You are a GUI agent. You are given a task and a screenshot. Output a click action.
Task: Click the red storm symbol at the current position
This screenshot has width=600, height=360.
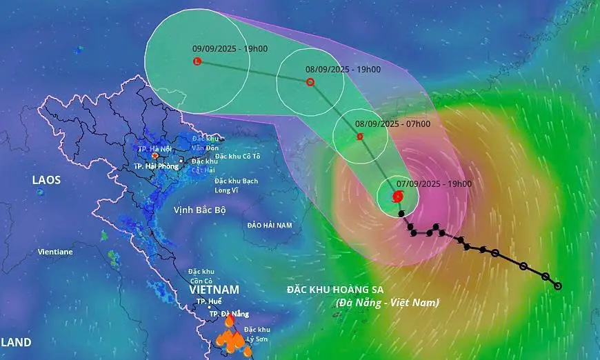tap(397, 197)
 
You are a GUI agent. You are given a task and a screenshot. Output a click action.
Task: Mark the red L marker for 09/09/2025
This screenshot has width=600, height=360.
tap(197, 61)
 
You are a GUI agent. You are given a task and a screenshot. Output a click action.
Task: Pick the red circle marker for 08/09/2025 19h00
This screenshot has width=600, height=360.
tap(310, 82)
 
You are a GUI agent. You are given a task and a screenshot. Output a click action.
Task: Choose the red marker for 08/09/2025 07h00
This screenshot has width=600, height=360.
tap(360, 137)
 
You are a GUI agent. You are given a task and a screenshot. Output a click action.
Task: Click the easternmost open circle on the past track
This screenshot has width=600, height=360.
tap(558, 286)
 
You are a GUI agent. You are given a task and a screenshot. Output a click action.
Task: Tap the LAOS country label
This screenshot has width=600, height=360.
tap(46, 180)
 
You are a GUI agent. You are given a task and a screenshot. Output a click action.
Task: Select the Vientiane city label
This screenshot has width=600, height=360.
tap(55, 252)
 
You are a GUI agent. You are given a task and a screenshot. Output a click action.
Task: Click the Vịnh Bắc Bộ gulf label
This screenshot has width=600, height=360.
tap(199, 209)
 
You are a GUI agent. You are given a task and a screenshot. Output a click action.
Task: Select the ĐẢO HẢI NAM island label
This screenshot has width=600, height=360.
tap(270, 225)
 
